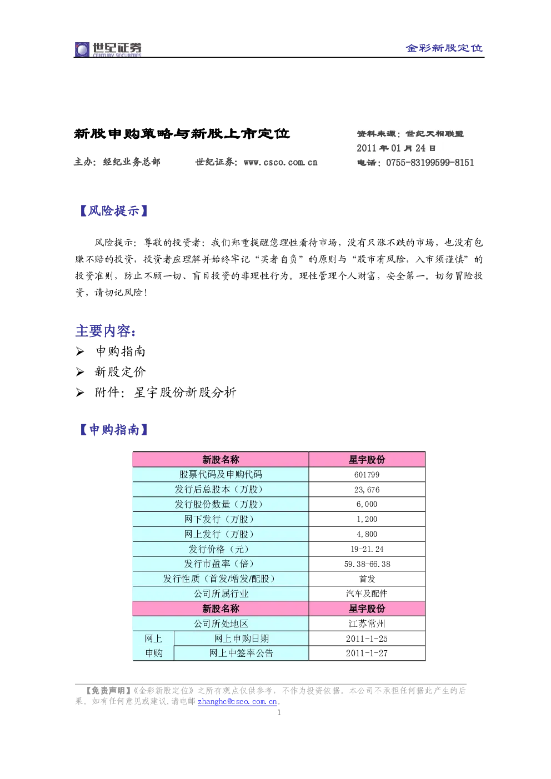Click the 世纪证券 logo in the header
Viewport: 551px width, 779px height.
[x=108, y=49]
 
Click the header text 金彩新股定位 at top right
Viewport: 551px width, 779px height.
[x=444, y=48]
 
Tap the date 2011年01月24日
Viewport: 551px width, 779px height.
[x=396, y=148]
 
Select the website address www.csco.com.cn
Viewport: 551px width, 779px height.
[x=280, y=162]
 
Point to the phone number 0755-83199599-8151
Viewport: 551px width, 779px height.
[x=430, y=163]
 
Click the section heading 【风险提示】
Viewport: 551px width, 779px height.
[x=114, y=211]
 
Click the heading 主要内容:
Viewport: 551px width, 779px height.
[x=106, y=331]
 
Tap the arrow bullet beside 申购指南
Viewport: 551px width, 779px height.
[x=80, y=351]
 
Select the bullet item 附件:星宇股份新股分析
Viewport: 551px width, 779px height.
[x=166, y=393]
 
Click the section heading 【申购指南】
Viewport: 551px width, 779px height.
[x=114, y=430]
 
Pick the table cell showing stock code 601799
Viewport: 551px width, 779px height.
[x=367, y=474]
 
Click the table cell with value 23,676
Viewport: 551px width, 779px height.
[x=367, y=489]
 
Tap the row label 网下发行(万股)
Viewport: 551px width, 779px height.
[x=221, y=519]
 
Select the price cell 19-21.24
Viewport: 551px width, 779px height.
[x=367, y=549]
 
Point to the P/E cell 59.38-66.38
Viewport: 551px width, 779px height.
[x=367, y=564]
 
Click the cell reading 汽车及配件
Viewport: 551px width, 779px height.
[x=367, y=594]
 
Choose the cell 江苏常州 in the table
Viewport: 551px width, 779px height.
[x=367, y=624]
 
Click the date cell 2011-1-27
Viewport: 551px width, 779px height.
[x=367, y=653]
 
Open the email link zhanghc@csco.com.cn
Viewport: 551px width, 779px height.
[x=237, y=701]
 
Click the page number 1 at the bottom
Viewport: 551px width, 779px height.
[x=279, y=712]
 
